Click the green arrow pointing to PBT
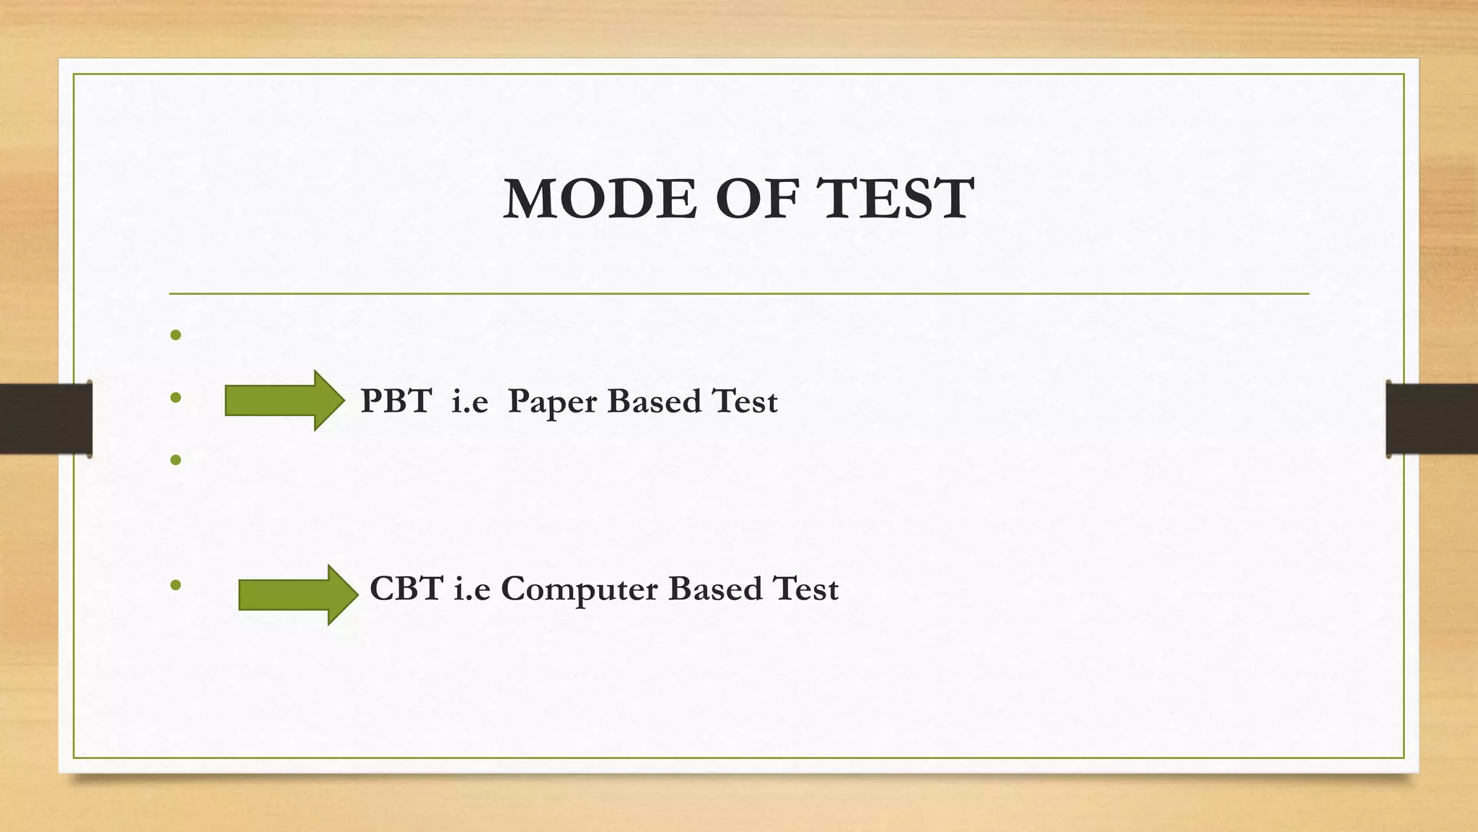(284, 400)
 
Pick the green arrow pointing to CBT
(298, 594)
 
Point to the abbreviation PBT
(396, 401)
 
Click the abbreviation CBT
(406, 589)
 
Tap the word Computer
(580, 590)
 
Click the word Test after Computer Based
(805, 589)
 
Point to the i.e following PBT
(470, 401)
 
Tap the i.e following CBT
(472, 589)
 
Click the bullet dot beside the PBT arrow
(175, 397)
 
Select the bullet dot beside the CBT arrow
(175, 584)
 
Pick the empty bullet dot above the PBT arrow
(175, 335)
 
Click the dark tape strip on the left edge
(45, 419)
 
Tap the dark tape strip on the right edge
(1432, 419)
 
